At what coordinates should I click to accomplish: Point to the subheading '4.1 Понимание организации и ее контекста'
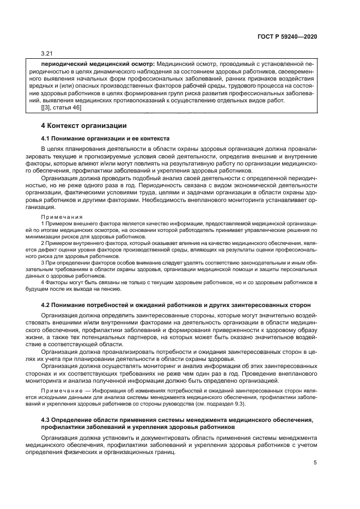(x=105, y=138)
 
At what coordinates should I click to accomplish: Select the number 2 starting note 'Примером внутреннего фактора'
(x=43, y=244)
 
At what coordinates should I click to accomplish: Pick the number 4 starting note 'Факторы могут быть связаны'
(x=43, y=283)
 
